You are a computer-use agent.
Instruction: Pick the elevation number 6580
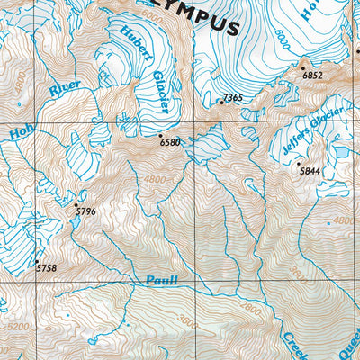[170, 143]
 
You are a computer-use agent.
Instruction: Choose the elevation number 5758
[45, 268]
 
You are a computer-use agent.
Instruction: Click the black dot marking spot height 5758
[36, 261]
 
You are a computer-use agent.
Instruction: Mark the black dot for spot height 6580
[160, 135]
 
